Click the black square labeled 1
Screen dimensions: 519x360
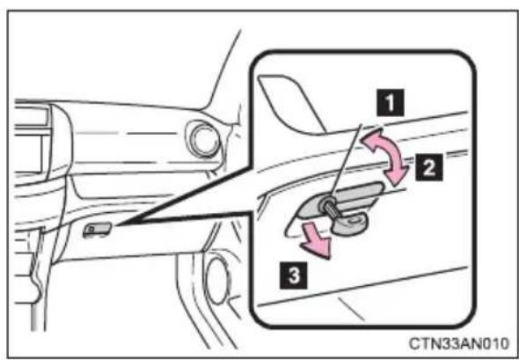(x=391, y=102)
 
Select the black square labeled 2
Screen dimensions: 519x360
(x=429, y=167)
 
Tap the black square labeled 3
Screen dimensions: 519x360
(x=294, y=275)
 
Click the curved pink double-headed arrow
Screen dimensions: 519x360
(x=386, y=156)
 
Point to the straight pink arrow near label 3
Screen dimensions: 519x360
(x=316, y=244)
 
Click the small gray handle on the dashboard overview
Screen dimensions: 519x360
(x=97, y=229)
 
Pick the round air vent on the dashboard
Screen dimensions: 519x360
(x=203, y=139)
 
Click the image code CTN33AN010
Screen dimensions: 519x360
(x=458, y=343)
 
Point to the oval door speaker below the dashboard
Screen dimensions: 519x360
(x=216, y=281)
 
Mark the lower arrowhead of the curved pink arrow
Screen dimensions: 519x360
(x=398, y=174)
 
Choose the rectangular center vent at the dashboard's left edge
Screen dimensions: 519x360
(x=31, y=140)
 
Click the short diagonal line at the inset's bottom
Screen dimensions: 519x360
(x=351, y=309)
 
